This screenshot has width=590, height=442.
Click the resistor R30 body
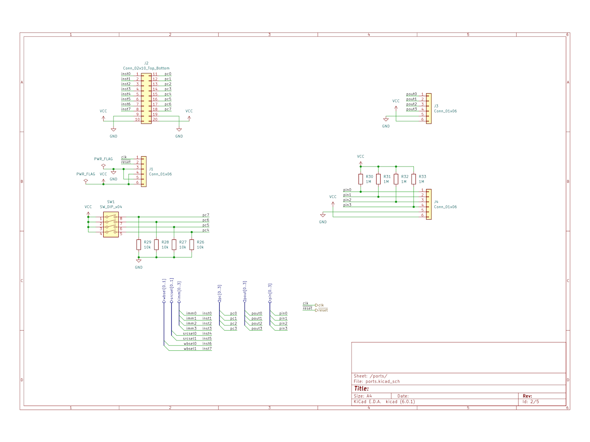361,179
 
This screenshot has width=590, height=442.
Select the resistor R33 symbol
413,179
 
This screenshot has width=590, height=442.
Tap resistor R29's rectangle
138,245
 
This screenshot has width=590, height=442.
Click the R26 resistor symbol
191,245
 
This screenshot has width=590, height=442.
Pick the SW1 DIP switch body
111,225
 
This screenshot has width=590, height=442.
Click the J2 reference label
146,63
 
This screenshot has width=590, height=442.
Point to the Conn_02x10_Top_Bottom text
146,68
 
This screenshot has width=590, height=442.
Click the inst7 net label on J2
126,109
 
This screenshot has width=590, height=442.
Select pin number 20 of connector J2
155,120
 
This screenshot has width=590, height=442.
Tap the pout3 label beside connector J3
411,109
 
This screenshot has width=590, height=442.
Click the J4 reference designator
436,202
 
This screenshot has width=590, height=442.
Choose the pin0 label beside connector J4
347,190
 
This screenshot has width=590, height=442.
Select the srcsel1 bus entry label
189,338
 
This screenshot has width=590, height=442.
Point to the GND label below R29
139,267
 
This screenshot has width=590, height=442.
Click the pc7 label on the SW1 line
205,215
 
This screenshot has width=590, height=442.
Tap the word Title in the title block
361,388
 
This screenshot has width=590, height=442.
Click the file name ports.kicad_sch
382,381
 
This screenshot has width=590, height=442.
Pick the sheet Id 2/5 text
531,401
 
